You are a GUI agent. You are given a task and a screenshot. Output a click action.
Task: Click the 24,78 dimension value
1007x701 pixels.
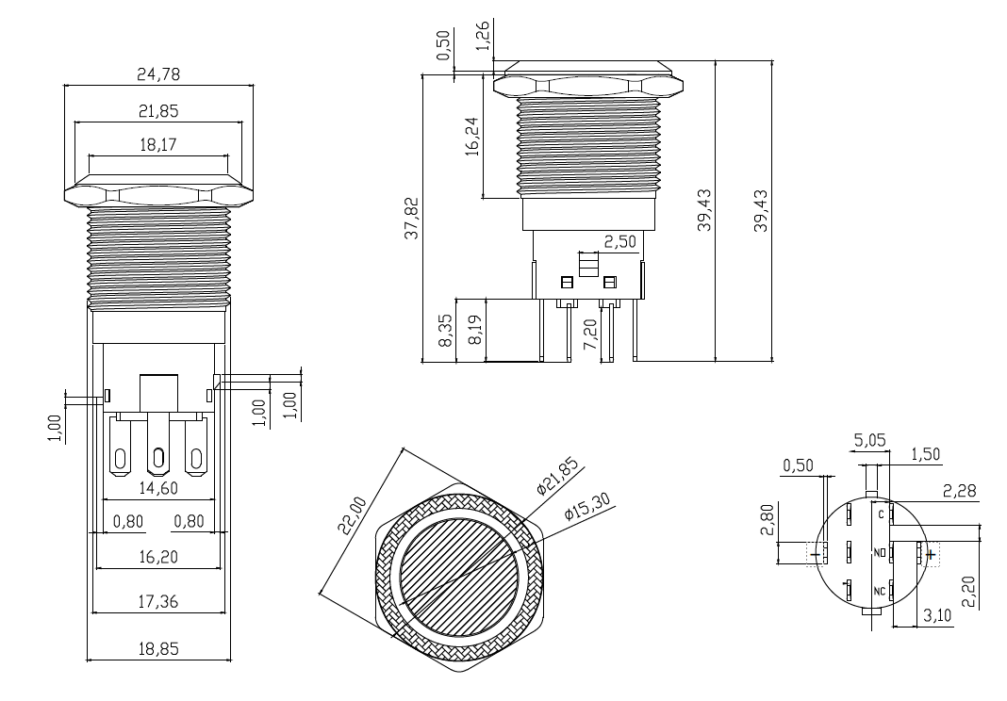(159, 74)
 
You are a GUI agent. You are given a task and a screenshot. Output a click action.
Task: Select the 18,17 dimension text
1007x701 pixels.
(159, 145)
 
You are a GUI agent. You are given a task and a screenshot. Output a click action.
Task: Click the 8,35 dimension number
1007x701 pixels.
(446, 332)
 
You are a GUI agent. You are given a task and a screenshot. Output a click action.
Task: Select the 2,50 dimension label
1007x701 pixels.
(619, 241)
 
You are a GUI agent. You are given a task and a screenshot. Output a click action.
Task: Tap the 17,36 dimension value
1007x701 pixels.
(158, 600)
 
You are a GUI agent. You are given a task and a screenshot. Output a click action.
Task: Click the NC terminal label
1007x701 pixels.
(879, 591)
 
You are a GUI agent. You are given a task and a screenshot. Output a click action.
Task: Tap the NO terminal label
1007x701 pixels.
(879, 552)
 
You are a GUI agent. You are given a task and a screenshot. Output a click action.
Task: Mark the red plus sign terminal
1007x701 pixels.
(930, 554)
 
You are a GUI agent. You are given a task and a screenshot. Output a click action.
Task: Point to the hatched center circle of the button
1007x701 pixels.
(462, 578)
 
